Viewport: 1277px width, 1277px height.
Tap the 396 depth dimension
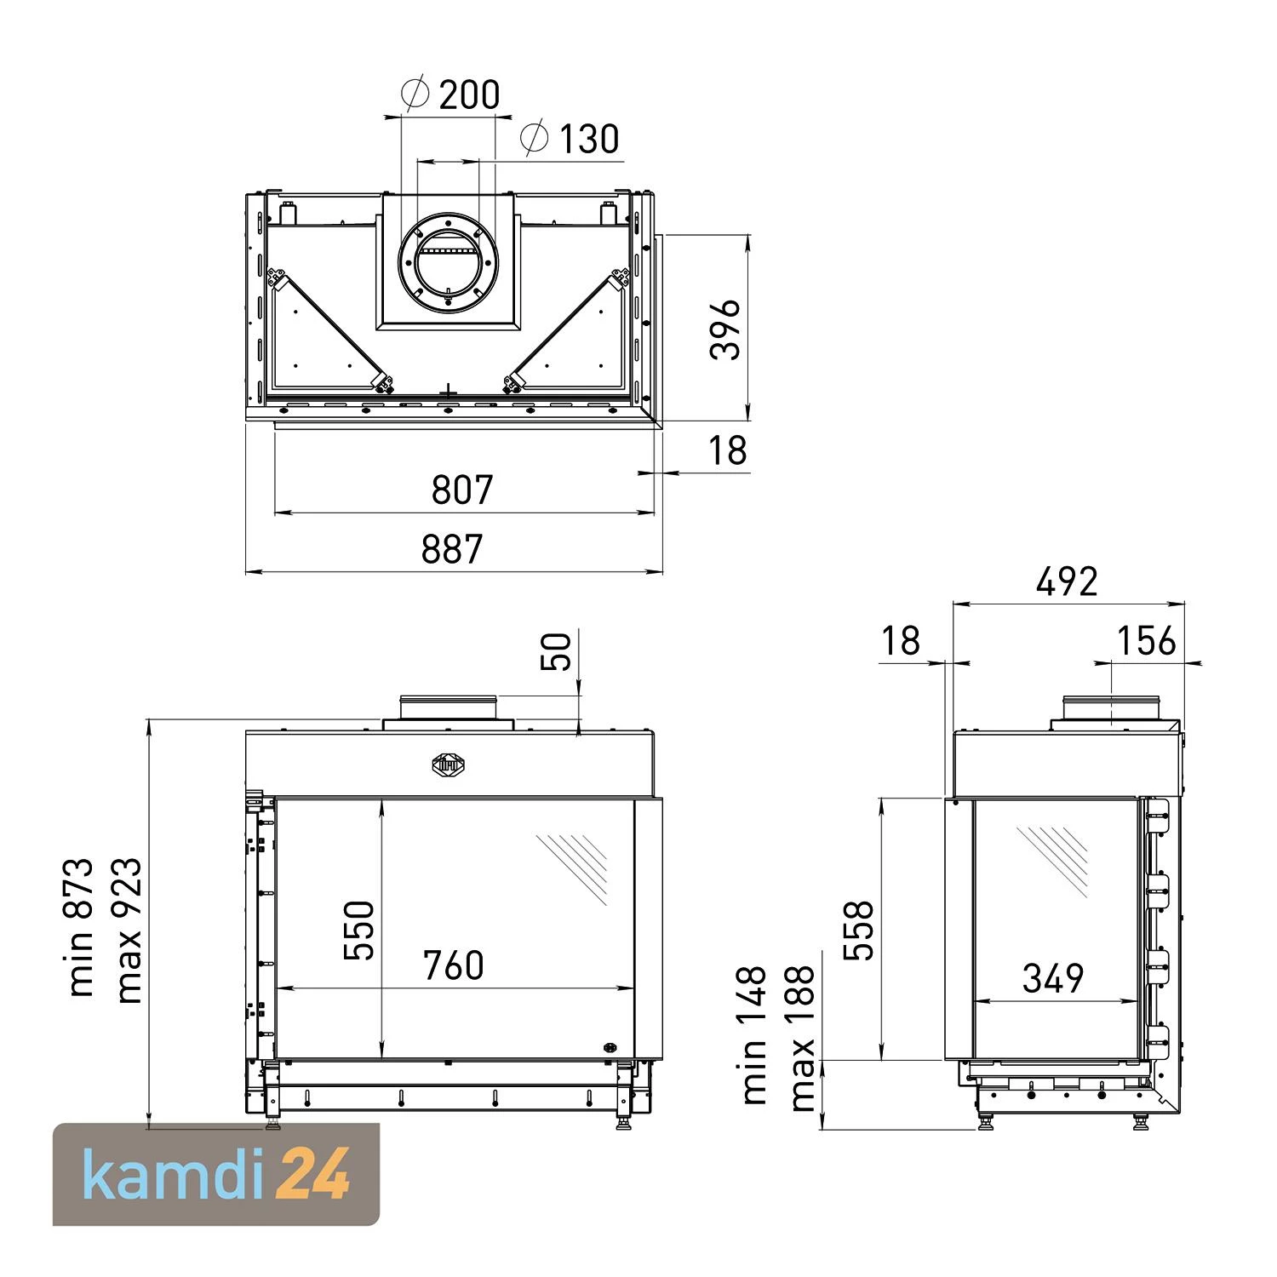pos(726,329)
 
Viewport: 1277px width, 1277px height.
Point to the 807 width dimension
pos(462,490)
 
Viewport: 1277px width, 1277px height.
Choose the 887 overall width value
pos(452,549)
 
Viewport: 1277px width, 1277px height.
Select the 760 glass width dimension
pos(453,965)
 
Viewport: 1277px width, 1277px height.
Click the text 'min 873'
pos(82,927)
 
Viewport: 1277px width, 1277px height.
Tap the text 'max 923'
pos(129,930)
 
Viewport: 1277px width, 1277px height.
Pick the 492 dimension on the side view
pos(1068,582)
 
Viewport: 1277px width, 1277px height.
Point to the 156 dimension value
pos(1146,641)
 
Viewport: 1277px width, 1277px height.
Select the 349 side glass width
pos(1053,979)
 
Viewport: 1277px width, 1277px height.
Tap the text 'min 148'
pos(754,1035)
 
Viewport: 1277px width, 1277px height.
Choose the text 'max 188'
pos(802,1038)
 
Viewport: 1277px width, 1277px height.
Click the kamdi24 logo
pos(216,1174)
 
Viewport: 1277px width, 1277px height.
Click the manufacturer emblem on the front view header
pos(448,764)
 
